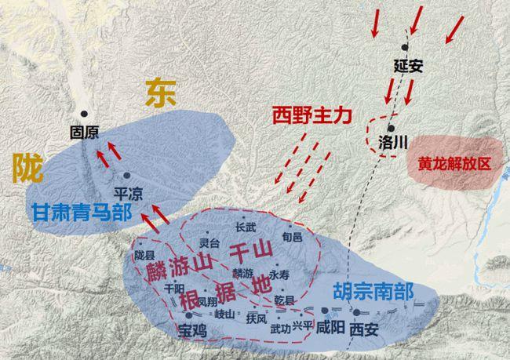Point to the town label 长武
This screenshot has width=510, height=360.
click(246, 227)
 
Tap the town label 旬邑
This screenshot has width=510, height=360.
click(291, 235)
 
